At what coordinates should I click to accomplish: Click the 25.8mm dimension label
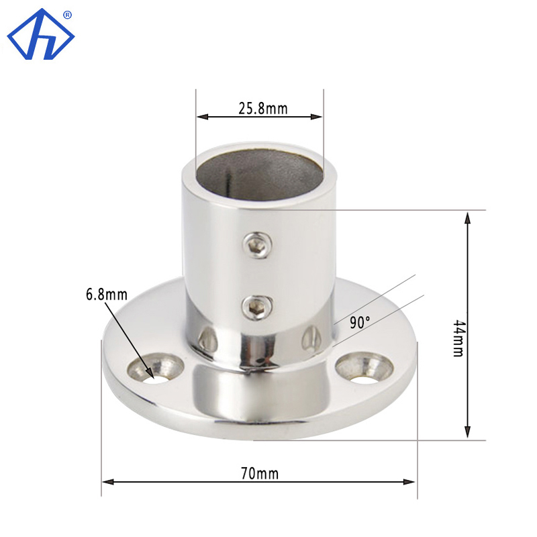(262, 108)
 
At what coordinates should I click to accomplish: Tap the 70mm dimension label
(259, 474)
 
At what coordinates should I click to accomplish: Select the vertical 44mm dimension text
(458, 338)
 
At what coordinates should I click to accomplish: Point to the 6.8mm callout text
(106, 294)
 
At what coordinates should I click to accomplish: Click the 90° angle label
(360, 322)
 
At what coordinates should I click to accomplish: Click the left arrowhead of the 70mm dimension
(106, 481)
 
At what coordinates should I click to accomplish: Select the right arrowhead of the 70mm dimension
(412, 481)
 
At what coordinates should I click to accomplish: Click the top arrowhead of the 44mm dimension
(467, 215)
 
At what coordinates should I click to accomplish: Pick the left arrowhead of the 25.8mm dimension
(200, 117)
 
